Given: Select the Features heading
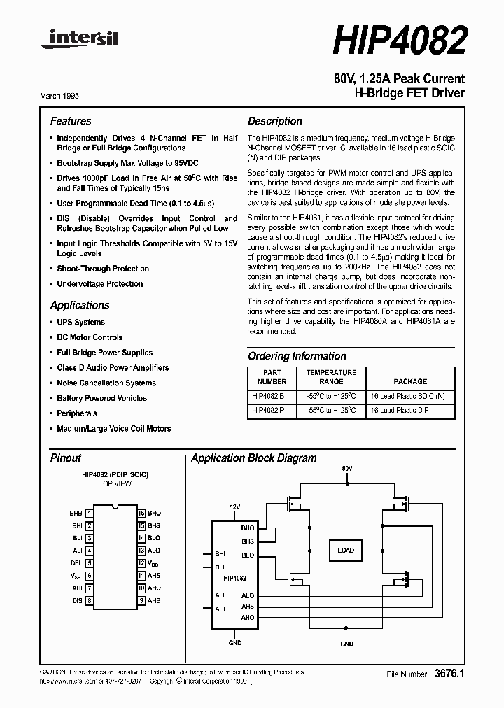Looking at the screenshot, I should click(71, 121).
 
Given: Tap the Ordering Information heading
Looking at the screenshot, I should click(297, 356).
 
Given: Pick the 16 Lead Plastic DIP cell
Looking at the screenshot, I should click(409, 411).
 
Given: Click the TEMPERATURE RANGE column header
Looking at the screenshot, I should click(331, 377).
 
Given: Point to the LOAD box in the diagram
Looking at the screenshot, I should click(345, 551).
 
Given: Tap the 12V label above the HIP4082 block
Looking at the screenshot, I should click(235, 507).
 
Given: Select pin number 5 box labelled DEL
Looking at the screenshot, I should click(90, 563).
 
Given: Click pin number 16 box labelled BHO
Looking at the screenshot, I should click(141, 513).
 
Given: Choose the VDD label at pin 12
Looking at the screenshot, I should click(153, 563).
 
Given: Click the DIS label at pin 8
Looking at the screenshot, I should click(77, 601).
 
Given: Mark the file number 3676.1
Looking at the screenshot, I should click(449, 674).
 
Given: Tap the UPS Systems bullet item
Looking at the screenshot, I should click(80, 323).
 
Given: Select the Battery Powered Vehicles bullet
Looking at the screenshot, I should click(101, 399).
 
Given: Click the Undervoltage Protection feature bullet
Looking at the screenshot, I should click(99, 284).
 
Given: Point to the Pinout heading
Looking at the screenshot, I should click(66, 458).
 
